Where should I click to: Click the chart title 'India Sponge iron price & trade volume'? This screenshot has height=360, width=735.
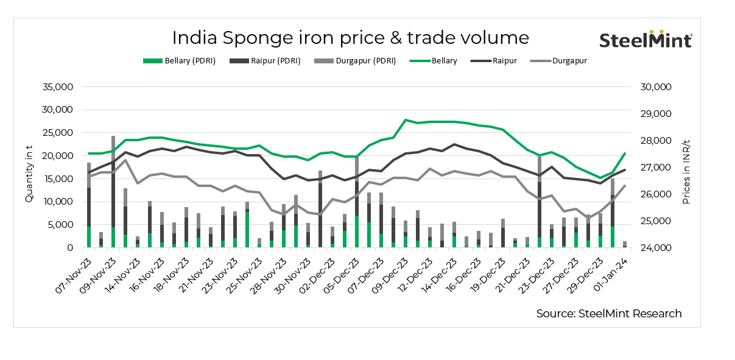(350, 38)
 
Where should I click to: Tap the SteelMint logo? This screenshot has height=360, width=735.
(645, 40)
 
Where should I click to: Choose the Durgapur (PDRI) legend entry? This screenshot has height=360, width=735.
(354, 61)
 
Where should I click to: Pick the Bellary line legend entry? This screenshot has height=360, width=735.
(433, 61)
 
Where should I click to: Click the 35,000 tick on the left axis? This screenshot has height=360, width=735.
(58, 87)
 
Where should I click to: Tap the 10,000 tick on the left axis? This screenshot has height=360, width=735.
(58, 202)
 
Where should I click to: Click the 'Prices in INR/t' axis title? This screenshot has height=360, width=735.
(686, 168)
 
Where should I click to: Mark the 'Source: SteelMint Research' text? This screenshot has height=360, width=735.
(609, 314)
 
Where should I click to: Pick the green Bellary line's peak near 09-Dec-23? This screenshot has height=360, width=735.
(406, 120)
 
